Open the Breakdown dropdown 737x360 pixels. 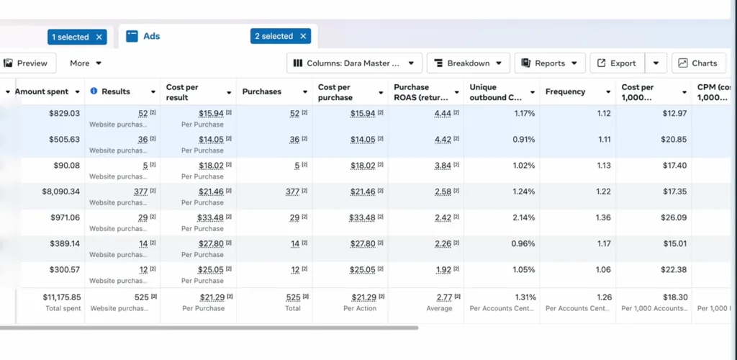[x=468, y=63]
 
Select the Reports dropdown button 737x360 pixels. [x=550, y=63]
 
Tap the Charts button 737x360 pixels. [x=698, y=63]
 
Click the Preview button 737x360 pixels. [x=27, y=63]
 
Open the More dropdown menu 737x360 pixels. [x=86, y=63]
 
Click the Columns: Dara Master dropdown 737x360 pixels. [x=354, y=63]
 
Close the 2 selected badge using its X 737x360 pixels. [x=303, y=36]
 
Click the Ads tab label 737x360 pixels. [x=152, y=36]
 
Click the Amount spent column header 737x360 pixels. [x=42, y=91]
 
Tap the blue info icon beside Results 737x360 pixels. [x=94, y=91]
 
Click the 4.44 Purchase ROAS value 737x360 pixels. [x=443, y=113]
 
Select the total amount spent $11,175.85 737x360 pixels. [x=62, y=297]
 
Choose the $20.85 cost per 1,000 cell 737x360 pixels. [x=674, y=140]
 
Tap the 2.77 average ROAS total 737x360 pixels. [x=443, y=297]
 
